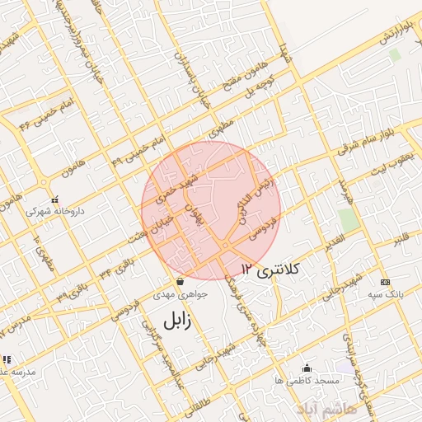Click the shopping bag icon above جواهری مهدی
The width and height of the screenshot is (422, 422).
coord(179,281)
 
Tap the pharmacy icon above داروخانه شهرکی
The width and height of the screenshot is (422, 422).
coord(54,199)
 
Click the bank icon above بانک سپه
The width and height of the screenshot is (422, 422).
coord(384,282)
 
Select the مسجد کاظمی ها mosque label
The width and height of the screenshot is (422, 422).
coord(307,380)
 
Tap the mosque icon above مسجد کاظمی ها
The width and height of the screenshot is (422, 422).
coord(307,368)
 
